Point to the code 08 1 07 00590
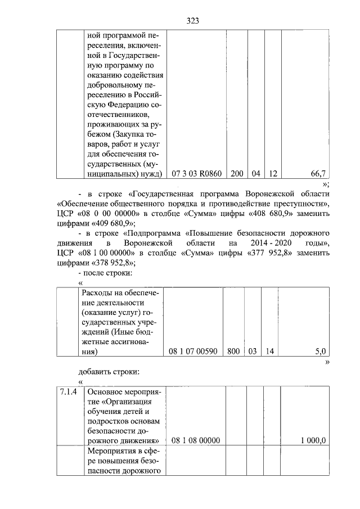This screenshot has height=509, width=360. click(x=193, y=352)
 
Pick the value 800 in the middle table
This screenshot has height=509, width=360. click(x=232, y=352)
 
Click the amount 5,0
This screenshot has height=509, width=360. click(x=320, y=352)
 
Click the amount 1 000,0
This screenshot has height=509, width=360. click(x=313, y=440)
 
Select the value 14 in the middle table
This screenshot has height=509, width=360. click(x=269, y=352)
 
